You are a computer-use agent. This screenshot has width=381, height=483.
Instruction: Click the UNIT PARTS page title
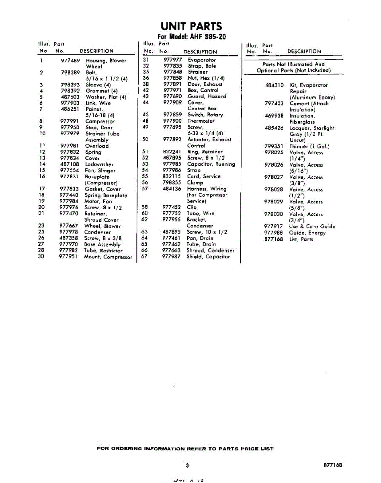191,27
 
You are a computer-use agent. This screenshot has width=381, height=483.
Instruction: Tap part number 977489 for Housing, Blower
70,60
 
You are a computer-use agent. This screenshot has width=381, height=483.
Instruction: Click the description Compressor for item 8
100,121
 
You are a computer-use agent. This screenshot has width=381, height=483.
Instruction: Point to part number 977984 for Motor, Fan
69,201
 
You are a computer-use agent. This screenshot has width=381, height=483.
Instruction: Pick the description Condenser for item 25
97,232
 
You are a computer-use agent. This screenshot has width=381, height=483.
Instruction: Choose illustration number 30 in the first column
41,256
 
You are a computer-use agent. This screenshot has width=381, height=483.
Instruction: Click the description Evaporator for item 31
202,60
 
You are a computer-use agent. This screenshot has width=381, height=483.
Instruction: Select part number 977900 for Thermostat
172,121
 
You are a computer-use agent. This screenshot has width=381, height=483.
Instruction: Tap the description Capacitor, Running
211,164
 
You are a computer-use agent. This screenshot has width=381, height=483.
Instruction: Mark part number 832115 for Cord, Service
172,176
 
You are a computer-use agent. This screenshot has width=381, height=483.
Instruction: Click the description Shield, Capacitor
208,256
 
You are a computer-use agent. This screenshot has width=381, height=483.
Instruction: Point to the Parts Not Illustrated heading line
293,64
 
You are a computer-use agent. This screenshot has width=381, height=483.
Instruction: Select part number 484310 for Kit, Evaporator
274,85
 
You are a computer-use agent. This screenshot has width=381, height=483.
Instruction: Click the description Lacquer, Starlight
312,128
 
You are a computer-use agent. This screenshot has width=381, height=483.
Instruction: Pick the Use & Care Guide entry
312,227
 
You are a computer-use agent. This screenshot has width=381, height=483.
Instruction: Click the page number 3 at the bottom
187,466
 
